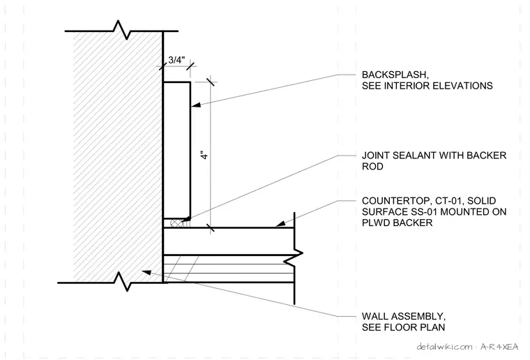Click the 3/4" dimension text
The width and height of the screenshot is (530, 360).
176,60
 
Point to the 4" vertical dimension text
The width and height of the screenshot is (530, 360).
204,155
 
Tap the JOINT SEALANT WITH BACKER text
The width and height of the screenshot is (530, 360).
434,156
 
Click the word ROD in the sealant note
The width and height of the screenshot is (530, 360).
372,167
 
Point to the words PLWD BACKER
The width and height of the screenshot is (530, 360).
397,223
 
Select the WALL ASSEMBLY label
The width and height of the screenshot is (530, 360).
404,316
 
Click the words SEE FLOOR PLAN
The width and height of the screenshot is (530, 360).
403,327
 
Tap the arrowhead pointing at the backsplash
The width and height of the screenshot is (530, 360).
196,105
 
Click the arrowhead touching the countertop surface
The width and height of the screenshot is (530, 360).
280,223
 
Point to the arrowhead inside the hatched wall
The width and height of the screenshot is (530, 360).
146,272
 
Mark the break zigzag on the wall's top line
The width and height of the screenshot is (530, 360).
121,30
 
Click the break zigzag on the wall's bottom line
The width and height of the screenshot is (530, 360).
121,281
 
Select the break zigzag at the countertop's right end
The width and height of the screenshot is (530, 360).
294,257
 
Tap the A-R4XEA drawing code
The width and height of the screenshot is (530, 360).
499,347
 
